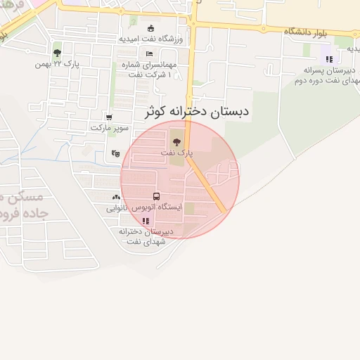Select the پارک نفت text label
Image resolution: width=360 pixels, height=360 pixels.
176,152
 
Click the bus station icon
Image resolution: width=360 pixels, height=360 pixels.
155,196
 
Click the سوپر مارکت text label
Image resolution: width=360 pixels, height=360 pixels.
108,128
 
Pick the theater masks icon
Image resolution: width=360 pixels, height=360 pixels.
115,153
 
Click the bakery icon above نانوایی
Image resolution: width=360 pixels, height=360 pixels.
115,198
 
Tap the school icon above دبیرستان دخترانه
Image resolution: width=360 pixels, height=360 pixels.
146,221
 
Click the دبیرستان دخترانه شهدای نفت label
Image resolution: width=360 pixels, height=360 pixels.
145,236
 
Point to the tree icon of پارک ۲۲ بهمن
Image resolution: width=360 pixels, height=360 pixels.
57,53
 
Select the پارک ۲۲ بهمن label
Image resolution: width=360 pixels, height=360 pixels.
58,64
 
